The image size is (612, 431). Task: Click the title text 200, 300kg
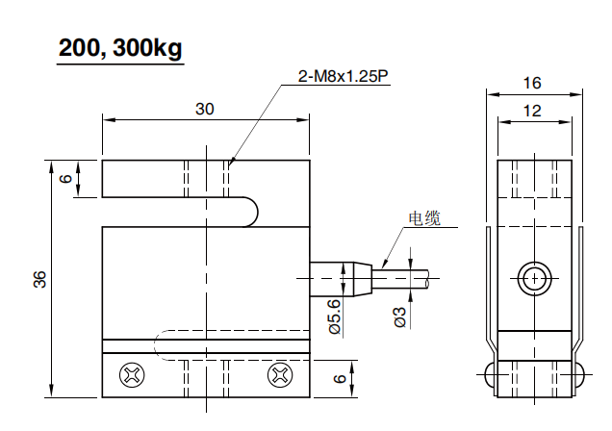click(119, 49)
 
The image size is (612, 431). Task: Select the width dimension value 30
click(204, 109)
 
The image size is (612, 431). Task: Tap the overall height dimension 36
click(39, 278)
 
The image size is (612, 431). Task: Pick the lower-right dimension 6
click(339, 378)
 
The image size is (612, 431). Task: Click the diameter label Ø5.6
click(335, 316)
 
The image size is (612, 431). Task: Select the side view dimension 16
click(532, 84)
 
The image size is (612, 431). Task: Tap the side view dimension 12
click(532, 111)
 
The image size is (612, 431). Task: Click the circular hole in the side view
click(532, 280)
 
